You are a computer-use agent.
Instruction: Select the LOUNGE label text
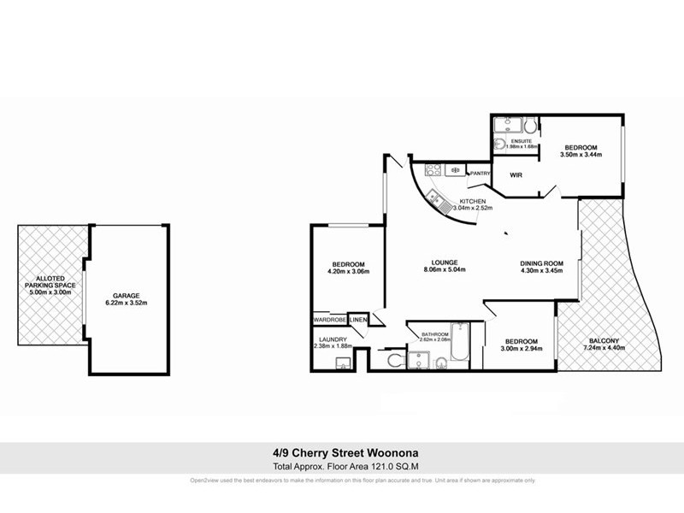tap(445, 262)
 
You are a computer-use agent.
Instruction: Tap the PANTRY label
tap(479, 174)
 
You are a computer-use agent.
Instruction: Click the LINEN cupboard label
tap(357, 321)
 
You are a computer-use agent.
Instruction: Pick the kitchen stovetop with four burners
tap(425, 168)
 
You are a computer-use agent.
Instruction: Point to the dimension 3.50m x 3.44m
tap(581, 155)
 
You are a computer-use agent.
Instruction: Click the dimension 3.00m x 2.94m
tap(520, 349)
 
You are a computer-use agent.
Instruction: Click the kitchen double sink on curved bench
tap(440, 202)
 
